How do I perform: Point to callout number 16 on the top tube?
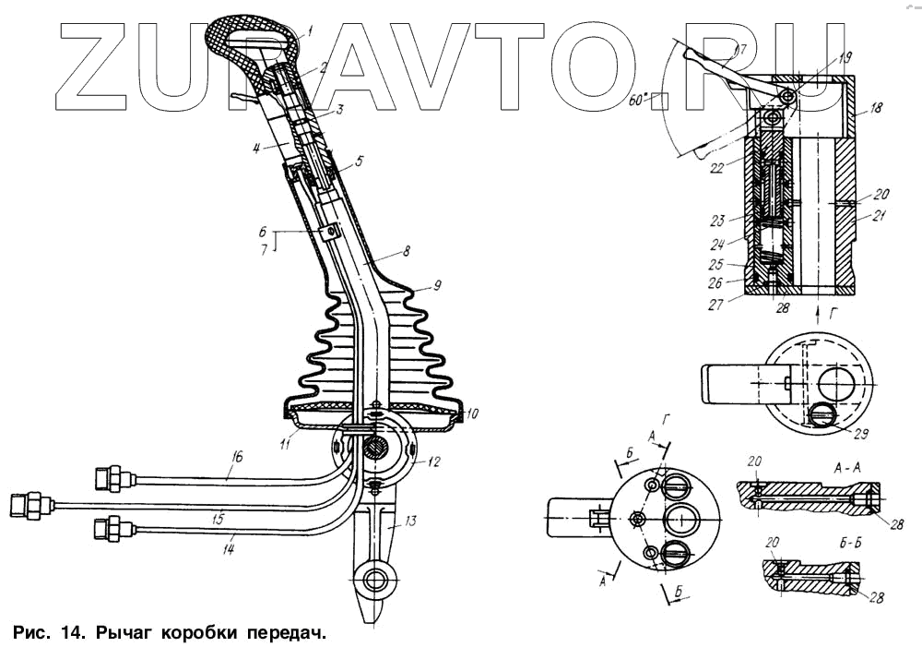[237, 457]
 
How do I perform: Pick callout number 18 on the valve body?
[875, 108]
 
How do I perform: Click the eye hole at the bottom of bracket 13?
[375, 581]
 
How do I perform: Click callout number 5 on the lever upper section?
[359, 160]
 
